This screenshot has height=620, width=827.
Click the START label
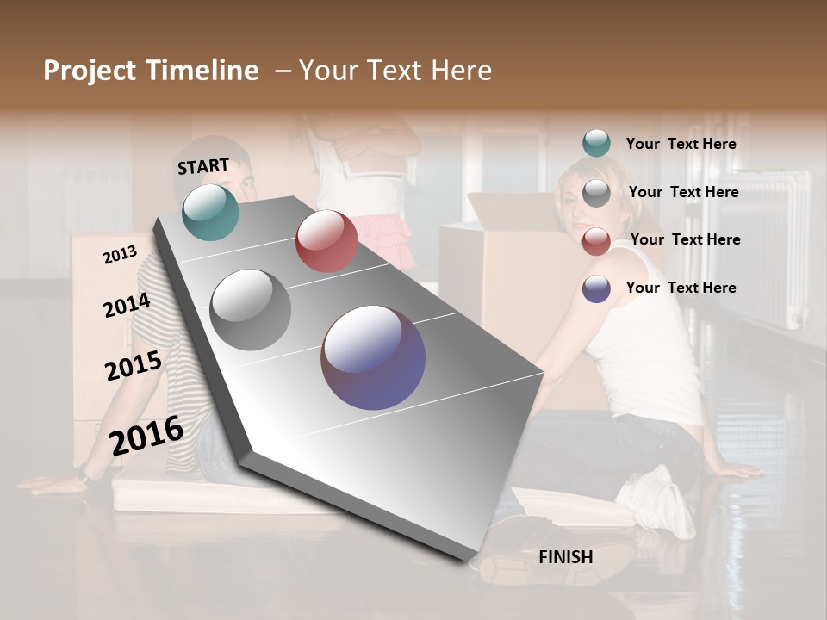tap(203, 166)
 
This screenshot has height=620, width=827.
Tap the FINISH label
tap(565, 557)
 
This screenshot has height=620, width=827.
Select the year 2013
tap(120, 254)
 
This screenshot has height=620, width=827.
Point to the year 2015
tap(134, 365)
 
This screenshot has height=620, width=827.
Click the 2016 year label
tap(146, 434)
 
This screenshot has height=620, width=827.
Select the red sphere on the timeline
tap(326, 241)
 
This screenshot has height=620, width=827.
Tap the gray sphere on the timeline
tap(251, 310)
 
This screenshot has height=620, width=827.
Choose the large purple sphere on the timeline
tap(373, 357)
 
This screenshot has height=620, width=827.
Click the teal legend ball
tap(596, 143)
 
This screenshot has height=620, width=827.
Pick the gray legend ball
tap(596, 193)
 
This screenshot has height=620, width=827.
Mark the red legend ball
tap(596, 241)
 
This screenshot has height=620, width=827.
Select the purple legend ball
tap(596, 288)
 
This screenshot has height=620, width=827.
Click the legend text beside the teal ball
tap(681, 144)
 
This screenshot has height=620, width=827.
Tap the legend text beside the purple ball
tap(681, 288)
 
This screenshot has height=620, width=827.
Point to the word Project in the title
tap(90, 71)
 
